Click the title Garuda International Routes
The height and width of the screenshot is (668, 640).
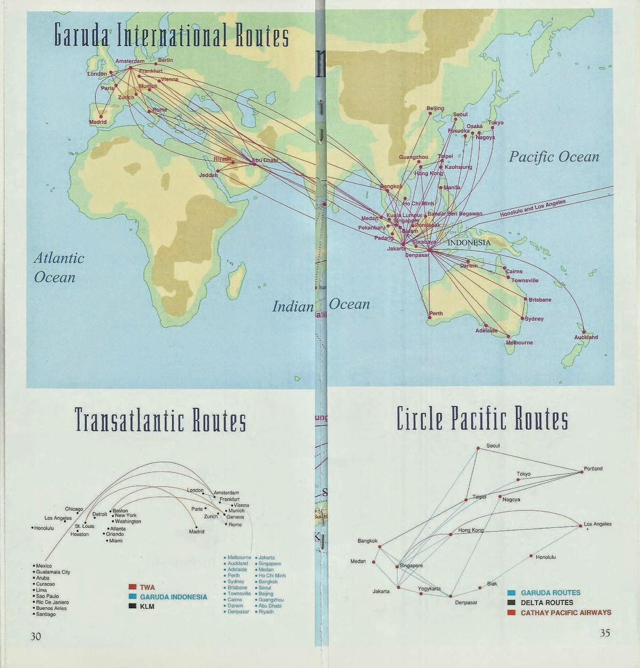coord(172,37)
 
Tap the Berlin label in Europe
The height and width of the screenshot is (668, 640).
coord(165,61)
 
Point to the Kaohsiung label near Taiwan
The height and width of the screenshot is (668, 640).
coord(458,167)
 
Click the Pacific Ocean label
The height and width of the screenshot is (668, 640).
coord(554,157)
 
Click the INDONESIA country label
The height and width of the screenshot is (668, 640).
coord(469,242)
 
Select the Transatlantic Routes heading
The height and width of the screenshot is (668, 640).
coord(161,420)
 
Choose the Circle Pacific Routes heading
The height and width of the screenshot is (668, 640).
coord(482,419)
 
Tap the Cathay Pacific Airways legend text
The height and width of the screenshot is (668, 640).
coord(566,613)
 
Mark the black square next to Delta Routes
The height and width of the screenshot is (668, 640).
coord(511,602)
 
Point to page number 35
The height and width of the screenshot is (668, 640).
coord(605,633)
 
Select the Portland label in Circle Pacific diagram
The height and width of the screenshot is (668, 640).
coord(593,469)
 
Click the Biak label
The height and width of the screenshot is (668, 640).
coord(492,584)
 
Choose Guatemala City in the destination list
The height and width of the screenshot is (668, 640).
coord(53,572)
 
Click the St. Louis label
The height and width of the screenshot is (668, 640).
coord(84,526)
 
